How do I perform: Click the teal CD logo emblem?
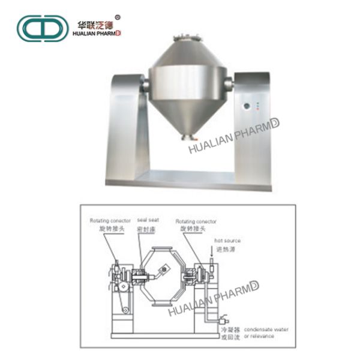[42, 28]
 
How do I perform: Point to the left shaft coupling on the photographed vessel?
[145, 85]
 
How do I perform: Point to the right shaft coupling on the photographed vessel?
[229, 84]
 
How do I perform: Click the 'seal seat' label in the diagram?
[147, 220]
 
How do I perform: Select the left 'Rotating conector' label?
[106, 220]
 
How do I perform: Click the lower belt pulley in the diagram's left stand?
[126, 310]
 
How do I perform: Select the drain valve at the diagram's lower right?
[224, 320]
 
